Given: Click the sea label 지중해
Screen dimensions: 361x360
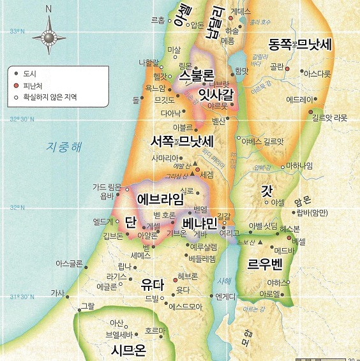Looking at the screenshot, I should (x=64, y=146).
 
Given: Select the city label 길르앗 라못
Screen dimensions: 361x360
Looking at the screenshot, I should (x=330, y=118).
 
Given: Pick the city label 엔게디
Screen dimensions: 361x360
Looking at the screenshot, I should (x=227, y=296).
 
